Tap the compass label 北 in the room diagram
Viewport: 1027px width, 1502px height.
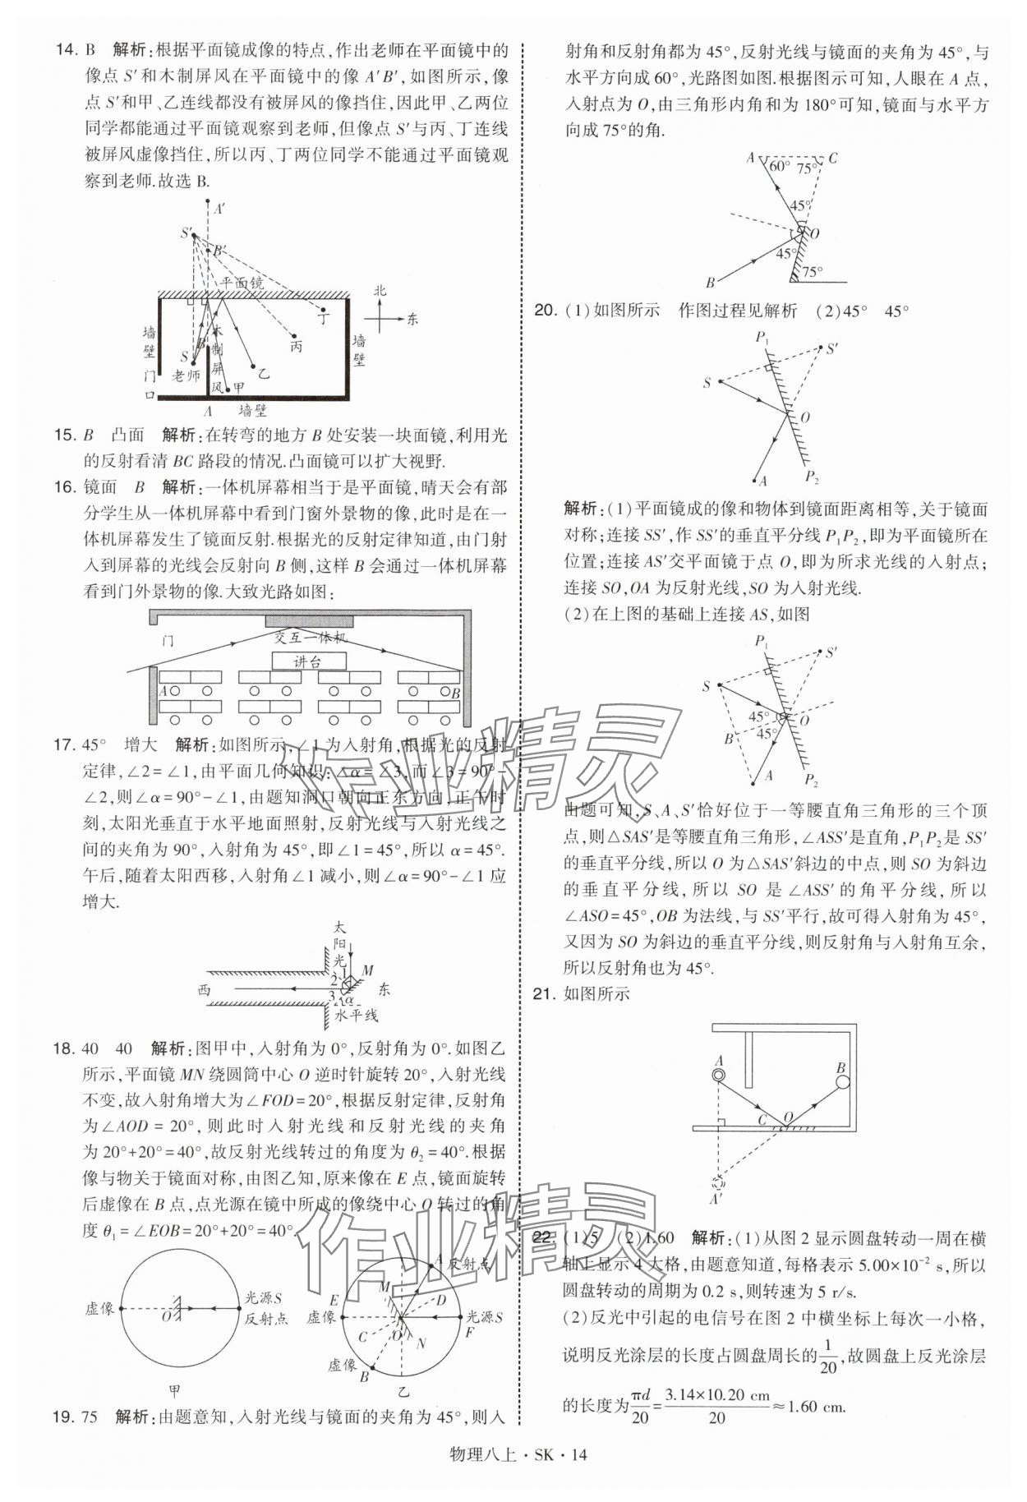(x=379, y=291)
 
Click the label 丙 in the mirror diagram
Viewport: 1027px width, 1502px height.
(x=296, y=346)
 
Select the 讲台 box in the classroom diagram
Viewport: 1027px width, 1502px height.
(x=308, y=661)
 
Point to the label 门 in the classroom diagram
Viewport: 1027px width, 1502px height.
(x=168, y=640)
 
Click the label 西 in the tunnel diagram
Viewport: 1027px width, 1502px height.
(x=204, y=990)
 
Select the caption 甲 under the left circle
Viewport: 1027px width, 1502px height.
(x=174, y=1391)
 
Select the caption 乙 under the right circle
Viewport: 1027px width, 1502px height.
(x=403, y=1391)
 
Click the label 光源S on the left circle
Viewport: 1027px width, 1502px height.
(x=264, y=1299)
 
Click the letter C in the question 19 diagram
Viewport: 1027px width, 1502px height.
(x=833, y=158)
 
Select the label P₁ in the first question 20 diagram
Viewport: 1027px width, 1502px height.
(x=762, y=338)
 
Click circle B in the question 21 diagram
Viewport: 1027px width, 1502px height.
(x=843, y=1081)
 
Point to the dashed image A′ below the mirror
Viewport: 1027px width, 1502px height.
(x=717, y=1186)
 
